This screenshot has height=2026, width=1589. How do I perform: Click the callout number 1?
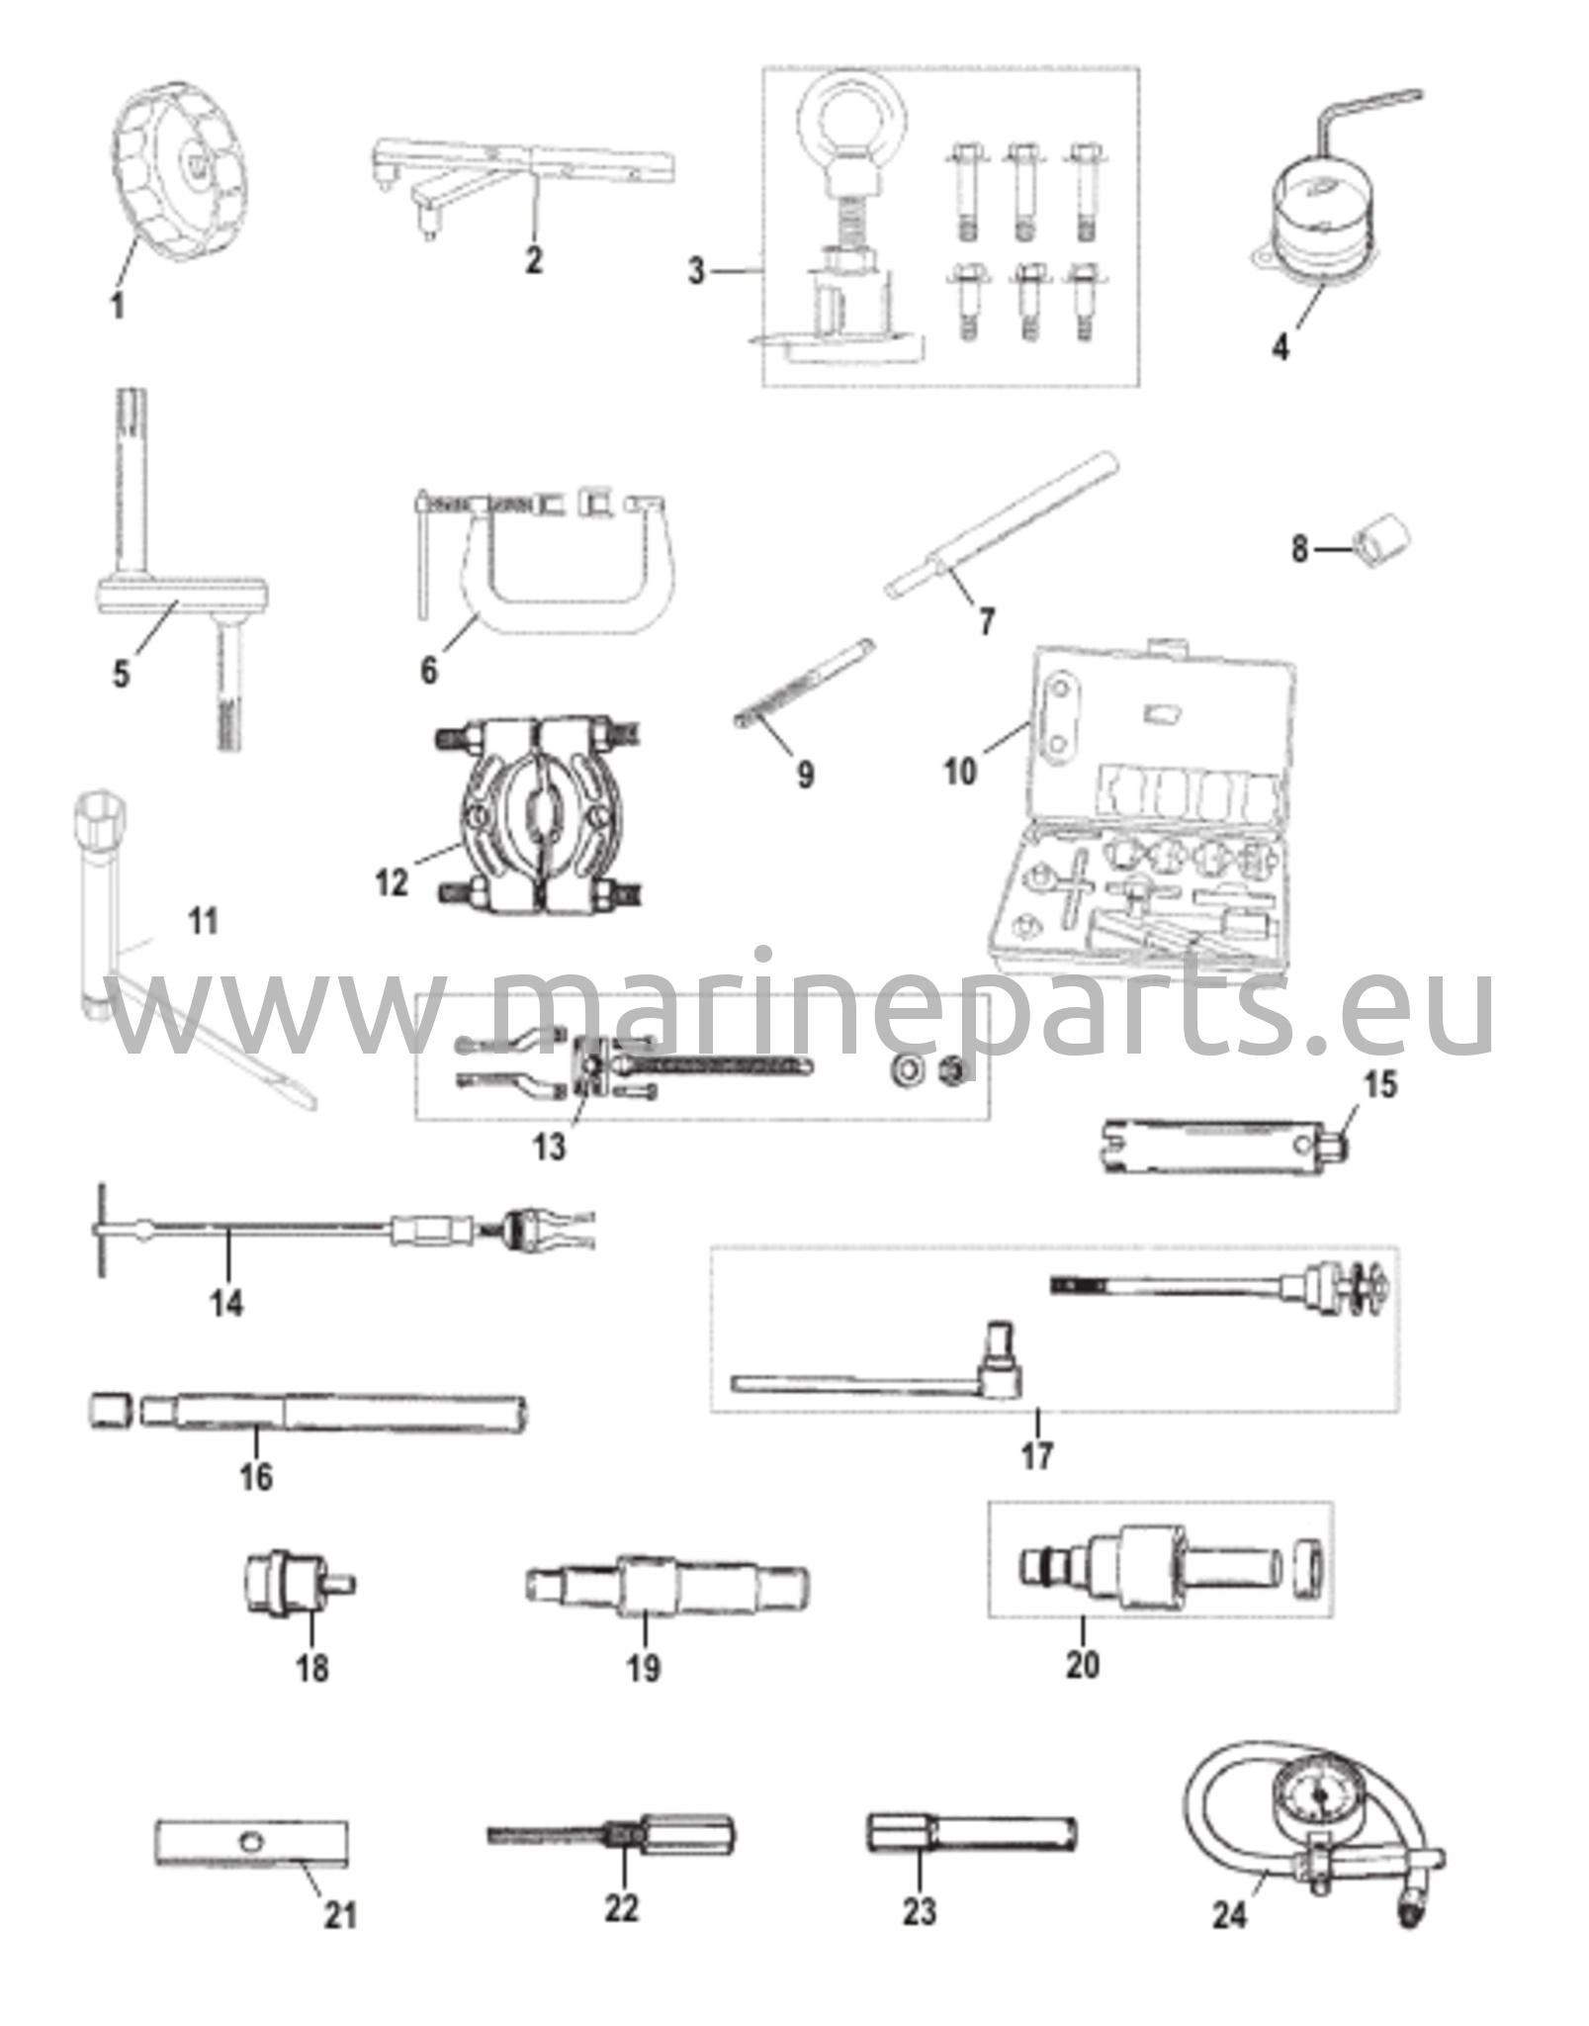point(117,306)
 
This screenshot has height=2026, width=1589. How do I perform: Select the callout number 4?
point(1280,347)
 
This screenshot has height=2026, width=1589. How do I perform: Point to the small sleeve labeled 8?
point(1385,543)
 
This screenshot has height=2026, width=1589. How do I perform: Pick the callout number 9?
point(806,775)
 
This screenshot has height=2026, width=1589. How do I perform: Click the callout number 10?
point(960,773)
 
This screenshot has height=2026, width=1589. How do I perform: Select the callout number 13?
point(550,1147)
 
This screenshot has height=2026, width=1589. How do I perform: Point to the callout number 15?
point(1381,1085)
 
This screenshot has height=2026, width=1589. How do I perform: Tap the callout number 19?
point(643,1669)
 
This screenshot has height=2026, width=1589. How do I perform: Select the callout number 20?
point(1083,1665)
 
